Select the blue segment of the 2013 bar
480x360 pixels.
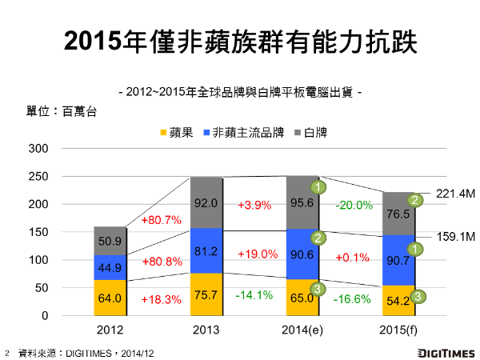(206, 250)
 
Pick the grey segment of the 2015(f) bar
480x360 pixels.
(398, 214)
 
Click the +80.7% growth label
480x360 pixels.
(162, 219)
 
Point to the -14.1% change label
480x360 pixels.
(255, 295)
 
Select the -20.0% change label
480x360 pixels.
(354, 205)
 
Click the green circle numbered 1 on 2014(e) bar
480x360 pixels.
(318, 188)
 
